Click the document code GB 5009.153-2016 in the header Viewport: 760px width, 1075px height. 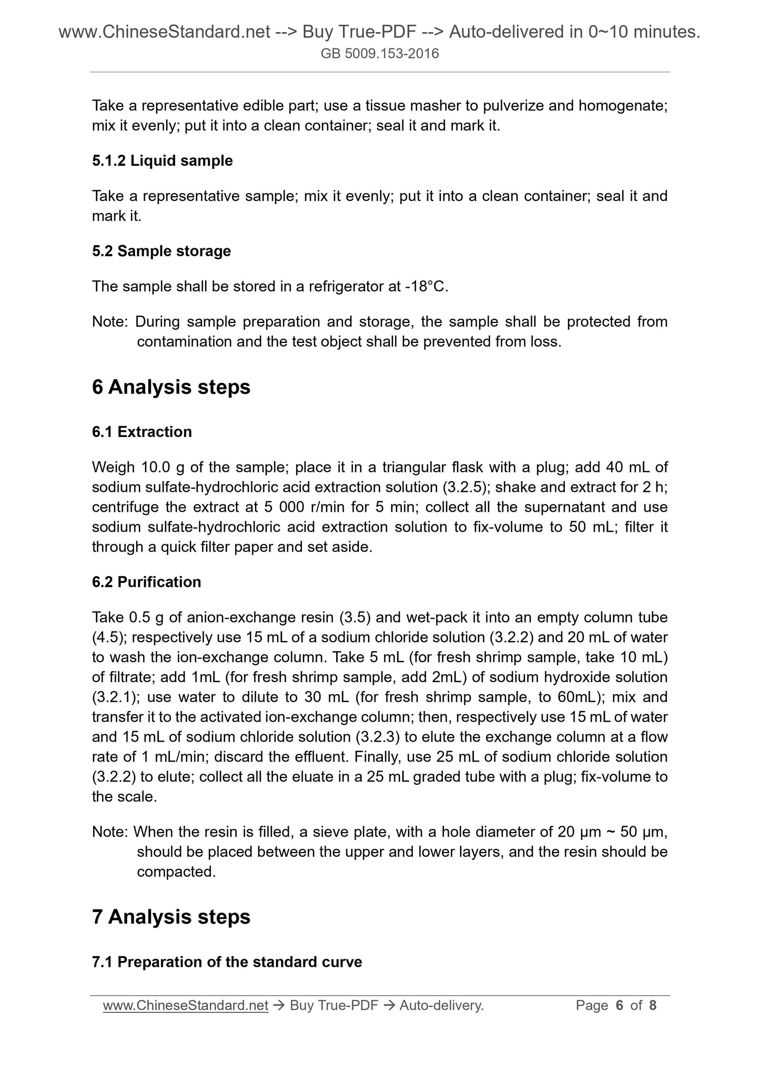[x=380, y=54]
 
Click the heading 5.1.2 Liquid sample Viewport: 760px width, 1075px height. [x=162, y=161]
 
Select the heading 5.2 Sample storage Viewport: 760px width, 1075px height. [x=161, y=251]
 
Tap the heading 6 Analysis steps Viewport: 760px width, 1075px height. [x=171, y=388]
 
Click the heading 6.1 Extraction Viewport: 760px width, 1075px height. [x=141, y=432]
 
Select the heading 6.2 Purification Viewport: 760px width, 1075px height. [x=146, y=582]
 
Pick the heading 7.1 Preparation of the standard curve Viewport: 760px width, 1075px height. [x=227, y=962]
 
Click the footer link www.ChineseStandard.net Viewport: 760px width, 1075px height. [x=186, y=1006]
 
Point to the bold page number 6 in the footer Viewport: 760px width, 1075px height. [x=619, y=1006]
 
